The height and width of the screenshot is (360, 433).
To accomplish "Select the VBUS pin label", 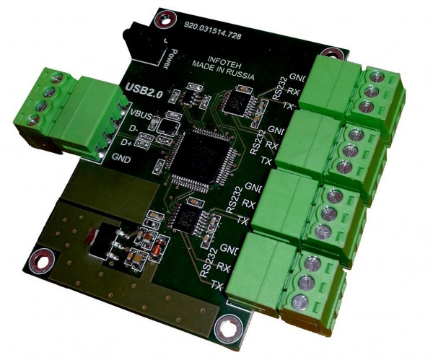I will tap(141, 114).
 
